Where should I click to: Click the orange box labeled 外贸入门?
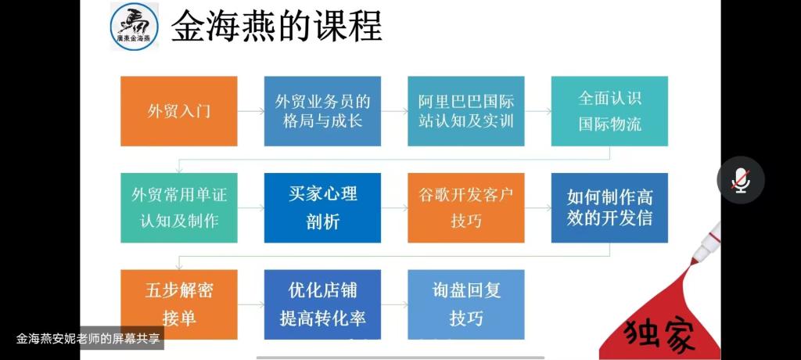click(179, 111)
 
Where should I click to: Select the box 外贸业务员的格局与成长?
click(322, 111)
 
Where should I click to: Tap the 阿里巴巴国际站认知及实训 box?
click(466, 111)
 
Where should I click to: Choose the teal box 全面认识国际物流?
click(609, 111)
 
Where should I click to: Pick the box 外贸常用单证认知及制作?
click(179, 207)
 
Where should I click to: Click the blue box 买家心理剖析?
click(322, 207)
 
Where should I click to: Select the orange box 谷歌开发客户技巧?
click(466, 207)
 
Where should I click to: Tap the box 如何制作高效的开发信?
click(609, 207)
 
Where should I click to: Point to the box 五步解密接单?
click(179, 304)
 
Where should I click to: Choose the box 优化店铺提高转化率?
click(322, 304)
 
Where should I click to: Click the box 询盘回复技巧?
click(466, 304)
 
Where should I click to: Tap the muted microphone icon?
click(740, 180)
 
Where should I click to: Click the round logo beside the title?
click(135, 27)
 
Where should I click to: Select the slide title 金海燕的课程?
click(276, 26)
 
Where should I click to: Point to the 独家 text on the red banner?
click(659, 335)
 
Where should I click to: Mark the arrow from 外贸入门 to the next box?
click(251, 111)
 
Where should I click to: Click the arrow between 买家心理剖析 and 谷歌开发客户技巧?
click(394, 207)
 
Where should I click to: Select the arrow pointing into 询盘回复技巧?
click(394, 304)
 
